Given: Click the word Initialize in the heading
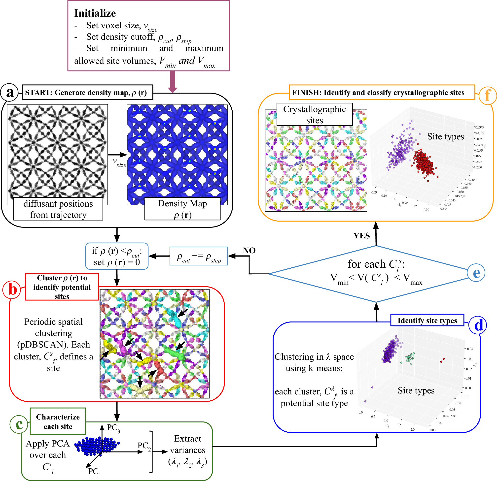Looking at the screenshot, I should click(x=95, y=13).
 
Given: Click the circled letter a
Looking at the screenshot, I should click(x=10, y=93).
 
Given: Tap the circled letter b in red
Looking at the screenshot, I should click(x=12, y=289).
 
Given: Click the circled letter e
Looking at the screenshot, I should click(x=476, y=273).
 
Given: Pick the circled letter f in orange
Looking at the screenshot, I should click(x=488, y=96).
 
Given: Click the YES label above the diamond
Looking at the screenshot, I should click(x=362, y=236).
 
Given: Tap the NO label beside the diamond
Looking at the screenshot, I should click(x=249, y=251).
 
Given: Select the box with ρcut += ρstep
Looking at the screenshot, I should click(x=199, y=256).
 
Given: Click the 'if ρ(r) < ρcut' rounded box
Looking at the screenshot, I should click(x=117, y=256).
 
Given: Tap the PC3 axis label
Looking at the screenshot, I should click(x=113, y=428).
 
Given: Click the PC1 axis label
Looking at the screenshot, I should click(x=94, y=472).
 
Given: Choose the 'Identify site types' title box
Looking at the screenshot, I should click(x=427, y=320).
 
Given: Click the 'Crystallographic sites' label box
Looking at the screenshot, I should click(x=315, y=114).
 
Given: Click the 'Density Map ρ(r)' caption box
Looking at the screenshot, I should click(x=182, y=209).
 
